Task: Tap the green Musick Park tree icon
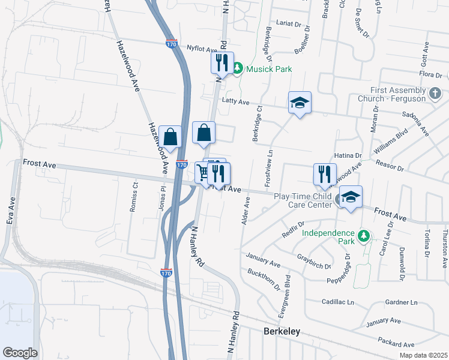click(x=237, y=69)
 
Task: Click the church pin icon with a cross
click(x=436, y=94)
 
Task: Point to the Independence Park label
click(x=328, y=233)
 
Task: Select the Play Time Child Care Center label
click(x=303, y=200)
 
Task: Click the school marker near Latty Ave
click(x=299, y=103)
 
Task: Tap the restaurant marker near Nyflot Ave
click(x=221, y=62)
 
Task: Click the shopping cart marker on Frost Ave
click(x=202, y=173)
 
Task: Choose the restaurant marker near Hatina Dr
click(x=325, y=174)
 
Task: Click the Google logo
click(x=20, y=353)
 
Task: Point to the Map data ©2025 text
click(x=423, y=355)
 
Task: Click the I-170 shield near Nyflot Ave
click(x=172, y=43)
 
